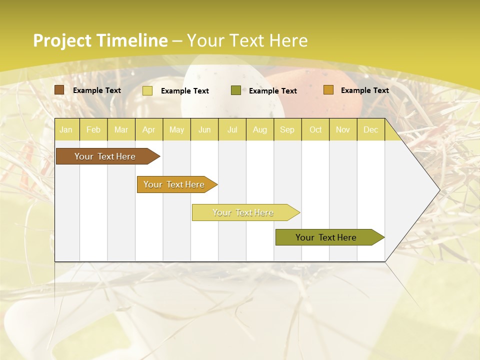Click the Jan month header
[66, 129]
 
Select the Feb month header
[93, 129]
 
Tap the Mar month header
[121, 129]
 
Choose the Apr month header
[149, 129]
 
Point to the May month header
[176, 129]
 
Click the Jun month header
[204, 129]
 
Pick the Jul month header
[232, 129]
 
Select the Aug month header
[259, 129]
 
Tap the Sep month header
[287, 129]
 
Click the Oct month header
[315, 129]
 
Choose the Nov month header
[343, 129]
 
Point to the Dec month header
[370, 129]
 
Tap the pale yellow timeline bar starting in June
[243, 212]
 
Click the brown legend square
[59, 90]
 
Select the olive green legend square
[236, 90]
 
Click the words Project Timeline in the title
[100, 40]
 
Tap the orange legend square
[328, 90]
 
